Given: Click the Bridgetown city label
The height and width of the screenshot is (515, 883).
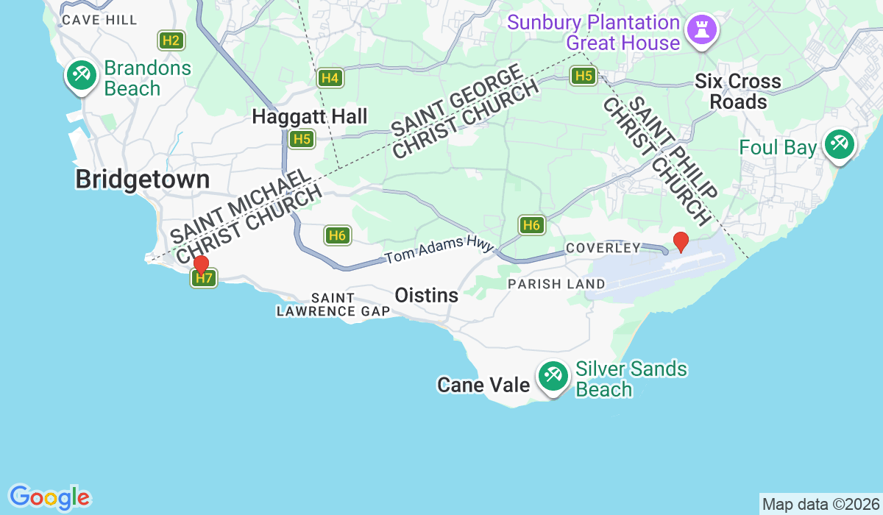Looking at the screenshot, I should click(x=142, y=180).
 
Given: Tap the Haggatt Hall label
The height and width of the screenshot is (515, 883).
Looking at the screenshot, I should click(x=309, y=116).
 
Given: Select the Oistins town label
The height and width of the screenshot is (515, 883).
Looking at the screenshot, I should click(x=427, y=295).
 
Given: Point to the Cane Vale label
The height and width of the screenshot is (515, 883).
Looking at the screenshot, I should click(x=483, y=385).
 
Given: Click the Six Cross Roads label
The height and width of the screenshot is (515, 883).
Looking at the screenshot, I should click(x=738, y=91).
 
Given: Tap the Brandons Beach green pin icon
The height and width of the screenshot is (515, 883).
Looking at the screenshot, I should click(x=81, y=75).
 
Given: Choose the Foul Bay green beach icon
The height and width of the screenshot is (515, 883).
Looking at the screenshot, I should click(x=838, y=143).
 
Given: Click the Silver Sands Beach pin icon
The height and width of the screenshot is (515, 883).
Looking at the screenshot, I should click(x=552, y=376).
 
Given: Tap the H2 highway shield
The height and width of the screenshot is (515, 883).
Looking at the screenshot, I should click(x=171, y=40).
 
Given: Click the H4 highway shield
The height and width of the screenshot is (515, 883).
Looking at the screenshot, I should click(x=330, y=77).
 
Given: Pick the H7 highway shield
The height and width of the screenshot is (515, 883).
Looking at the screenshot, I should click(x=204, y=278).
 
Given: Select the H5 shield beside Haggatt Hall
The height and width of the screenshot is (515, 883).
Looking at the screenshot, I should click(x=302, y=139).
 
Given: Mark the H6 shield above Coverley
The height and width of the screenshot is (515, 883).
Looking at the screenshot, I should click(x=531, y=225).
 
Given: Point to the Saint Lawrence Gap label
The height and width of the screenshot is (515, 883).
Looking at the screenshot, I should click(x=333, y=305).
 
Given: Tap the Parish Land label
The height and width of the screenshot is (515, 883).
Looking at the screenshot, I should click(x=556, y=284).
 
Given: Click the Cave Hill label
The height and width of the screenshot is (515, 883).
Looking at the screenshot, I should click(x=99, y=20).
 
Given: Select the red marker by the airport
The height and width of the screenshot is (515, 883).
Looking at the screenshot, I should click(x=681, y=241).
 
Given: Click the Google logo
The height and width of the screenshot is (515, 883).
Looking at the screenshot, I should click(x=49, y=497).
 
